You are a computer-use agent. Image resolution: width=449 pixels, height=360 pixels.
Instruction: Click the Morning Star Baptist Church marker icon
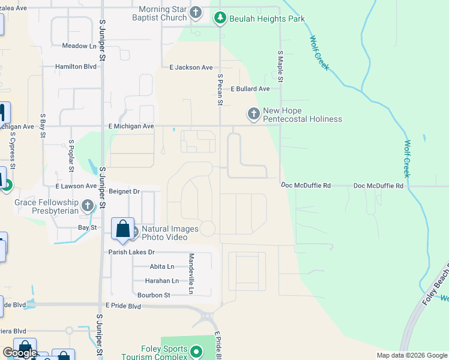click(x=196, y=13)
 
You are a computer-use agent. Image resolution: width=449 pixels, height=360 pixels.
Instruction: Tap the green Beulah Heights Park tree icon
click(x=221, y=19)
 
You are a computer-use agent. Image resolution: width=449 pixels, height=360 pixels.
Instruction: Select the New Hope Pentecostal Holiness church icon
click(x=254, y=113)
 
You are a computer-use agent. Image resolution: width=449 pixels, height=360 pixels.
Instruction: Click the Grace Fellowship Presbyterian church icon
click(x=88, y=206)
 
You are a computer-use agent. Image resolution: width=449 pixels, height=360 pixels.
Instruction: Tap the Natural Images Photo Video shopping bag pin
click(x=123, y=230)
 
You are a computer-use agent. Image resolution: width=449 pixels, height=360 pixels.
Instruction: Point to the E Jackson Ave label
click(x=191, y=68)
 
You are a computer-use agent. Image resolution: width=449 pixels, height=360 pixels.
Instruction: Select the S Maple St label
click(x=280, y=67)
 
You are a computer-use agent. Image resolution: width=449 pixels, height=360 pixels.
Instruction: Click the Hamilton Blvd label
click(x=76, y=67)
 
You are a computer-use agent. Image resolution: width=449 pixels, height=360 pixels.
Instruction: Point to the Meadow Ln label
click(x=79, y=46)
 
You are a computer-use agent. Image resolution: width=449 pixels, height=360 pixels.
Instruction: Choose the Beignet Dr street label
click(x=125, y=191)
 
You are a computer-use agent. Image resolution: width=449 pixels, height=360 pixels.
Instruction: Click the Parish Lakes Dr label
click(x=131, y=252)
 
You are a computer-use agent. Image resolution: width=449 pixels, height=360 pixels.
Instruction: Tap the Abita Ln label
click(x=161, y=266)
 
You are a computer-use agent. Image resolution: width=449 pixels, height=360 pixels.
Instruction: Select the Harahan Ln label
click(x=162, y=281)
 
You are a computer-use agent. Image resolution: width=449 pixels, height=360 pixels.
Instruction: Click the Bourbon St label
click(x=154, y=295)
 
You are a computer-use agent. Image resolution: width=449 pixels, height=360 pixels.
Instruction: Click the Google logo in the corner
click(x=20, y=353)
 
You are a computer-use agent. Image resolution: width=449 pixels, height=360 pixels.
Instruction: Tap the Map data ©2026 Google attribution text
click(x=411, y=355)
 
